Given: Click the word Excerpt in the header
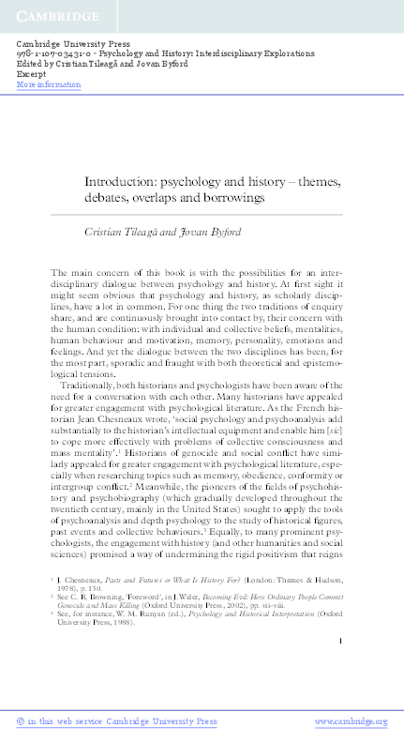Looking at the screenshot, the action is point(32,75).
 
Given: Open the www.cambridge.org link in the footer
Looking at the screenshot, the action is point(351,722).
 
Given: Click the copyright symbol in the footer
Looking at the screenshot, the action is point(22,722).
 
